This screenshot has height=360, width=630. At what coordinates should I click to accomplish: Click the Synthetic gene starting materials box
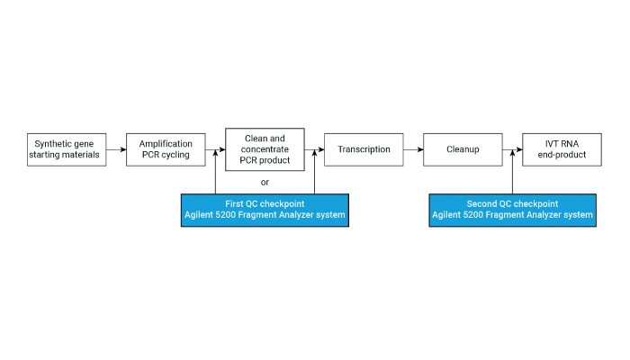click(67, 149)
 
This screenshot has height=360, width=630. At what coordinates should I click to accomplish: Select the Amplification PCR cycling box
click(166, 149)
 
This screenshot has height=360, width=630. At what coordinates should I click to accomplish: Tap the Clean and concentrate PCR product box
click(265, 149)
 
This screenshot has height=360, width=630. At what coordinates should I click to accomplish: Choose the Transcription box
click(364, 149)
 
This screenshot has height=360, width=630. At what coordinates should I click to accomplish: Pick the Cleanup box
click(463, 149)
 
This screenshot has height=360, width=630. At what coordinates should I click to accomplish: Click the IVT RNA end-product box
click(562, 149)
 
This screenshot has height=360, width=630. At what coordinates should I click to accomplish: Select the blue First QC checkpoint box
click(265, 210)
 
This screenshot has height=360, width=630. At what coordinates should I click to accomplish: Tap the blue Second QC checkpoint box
click(512, 210)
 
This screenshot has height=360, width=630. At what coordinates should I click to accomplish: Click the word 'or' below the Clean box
click(265, 183)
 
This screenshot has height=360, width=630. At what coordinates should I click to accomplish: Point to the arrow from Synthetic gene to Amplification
click(116, 149)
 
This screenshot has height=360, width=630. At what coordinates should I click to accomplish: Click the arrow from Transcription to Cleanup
click(413, 149)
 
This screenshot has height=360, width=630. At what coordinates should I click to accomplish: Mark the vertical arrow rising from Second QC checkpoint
click(512, 172)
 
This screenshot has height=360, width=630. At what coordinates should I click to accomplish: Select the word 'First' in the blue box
click(234, 203)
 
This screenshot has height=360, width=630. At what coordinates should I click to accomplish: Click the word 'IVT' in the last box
click(551, 143)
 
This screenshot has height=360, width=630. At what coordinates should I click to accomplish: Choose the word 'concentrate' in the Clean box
click(265, 149)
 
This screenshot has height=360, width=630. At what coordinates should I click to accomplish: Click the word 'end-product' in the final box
click(562, 155)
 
